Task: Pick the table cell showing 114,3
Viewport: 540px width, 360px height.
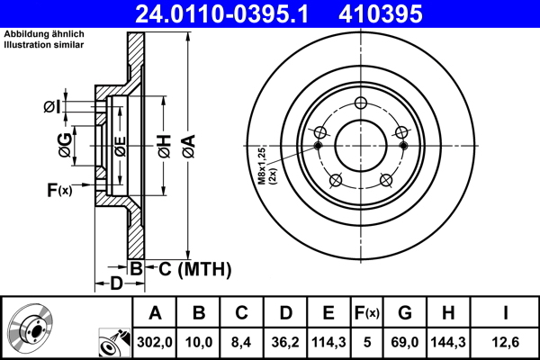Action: [328, 340]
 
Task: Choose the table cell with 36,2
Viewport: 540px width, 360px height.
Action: [285, 340]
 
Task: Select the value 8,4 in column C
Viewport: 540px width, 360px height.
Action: [242, 340]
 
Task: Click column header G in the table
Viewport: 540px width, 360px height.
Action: [404, 313]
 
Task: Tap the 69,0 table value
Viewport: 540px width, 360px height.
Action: [404, 340]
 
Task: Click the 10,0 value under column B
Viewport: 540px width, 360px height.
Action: [199, 340]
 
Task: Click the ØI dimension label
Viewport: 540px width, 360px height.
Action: [52, 108]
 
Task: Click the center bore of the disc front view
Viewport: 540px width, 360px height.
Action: [361, 144]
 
